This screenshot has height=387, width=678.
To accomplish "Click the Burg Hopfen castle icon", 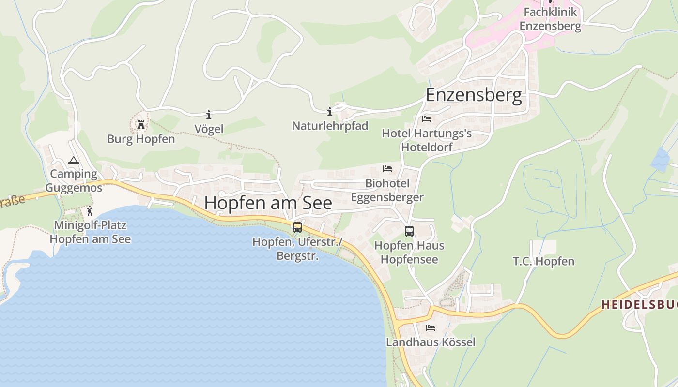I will point(141,125).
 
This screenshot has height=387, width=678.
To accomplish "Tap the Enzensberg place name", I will point(474,95).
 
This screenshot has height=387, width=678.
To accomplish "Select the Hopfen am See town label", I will point(268,203).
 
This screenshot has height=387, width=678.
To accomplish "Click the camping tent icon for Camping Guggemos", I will point(74,161).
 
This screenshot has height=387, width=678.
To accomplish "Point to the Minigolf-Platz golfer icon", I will point(90,211).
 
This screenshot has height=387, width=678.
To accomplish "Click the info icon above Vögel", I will point(209,115).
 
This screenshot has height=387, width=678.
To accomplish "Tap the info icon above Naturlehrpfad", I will point(330,112).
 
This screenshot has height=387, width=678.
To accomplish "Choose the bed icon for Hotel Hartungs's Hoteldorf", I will point(427,119).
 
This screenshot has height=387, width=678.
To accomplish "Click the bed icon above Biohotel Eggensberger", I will point(387,169).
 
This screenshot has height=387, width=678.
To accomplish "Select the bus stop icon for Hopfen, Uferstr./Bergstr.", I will point(297,227).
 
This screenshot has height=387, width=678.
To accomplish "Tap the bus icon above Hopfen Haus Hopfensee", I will point(409,231).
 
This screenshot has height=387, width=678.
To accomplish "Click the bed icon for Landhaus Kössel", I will point(431,328).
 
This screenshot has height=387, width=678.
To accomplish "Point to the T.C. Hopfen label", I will point(543,262).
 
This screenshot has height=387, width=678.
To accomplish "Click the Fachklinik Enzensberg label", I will point(550,18).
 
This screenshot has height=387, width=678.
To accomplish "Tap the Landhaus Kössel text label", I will point(431,342).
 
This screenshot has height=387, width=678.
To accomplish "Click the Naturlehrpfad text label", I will point(330,126).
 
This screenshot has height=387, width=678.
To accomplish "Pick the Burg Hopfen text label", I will point(141,139).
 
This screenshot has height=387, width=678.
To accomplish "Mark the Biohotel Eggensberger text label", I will point(387,190).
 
